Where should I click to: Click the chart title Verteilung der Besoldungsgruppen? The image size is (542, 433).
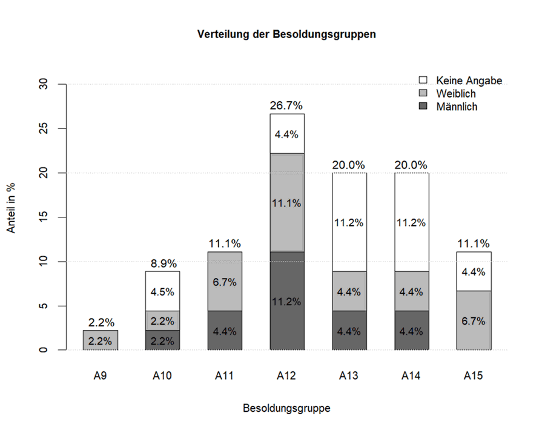(x=286, y=35)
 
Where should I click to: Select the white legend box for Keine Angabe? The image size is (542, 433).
(x=424, y=81)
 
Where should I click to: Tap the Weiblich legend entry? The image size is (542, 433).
(x=455, y=94)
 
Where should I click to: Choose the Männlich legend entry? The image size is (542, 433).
(x=457, y=107)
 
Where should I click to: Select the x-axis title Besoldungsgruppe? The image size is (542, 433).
(x=286, y=408)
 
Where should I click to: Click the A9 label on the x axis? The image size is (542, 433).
(x=101, y=376)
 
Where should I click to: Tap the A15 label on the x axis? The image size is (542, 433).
(x=473, y=376)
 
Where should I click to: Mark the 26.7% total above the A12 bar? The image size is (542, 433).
(x=286, y=106)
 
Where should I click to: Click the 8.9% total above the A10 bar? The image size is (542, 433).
(x=162, y=264)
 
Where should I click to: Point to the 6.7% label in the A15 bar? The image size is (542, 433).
(x=473, y=321)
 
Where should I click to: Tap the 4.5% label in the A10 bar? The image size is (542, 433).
(x=162, y=292)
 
